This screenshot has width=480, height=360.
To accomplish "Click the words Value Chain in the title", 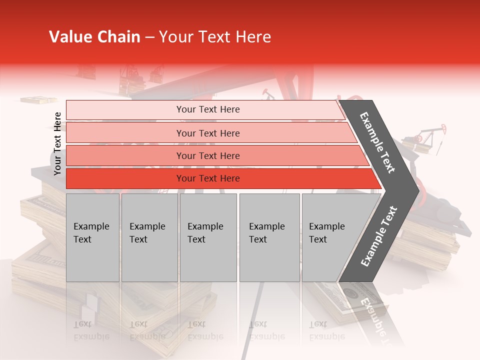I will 94,37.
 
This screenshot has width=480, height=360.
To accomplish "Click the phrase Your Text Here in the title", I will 215,37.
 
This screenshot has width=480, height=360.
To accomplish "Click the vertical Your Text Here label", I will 57,143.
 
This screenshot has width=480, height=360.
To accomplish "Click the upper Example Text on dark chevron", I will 378,142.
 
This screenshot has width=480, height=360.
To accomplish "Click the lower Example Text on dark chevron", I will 379,236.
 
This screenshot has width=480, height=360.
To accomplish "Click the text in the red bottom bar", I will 208,178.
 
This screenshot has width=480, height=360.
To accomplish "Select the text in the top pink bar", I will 208,109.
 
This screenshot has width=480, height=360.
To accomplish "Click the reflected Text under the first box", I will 82,324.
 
